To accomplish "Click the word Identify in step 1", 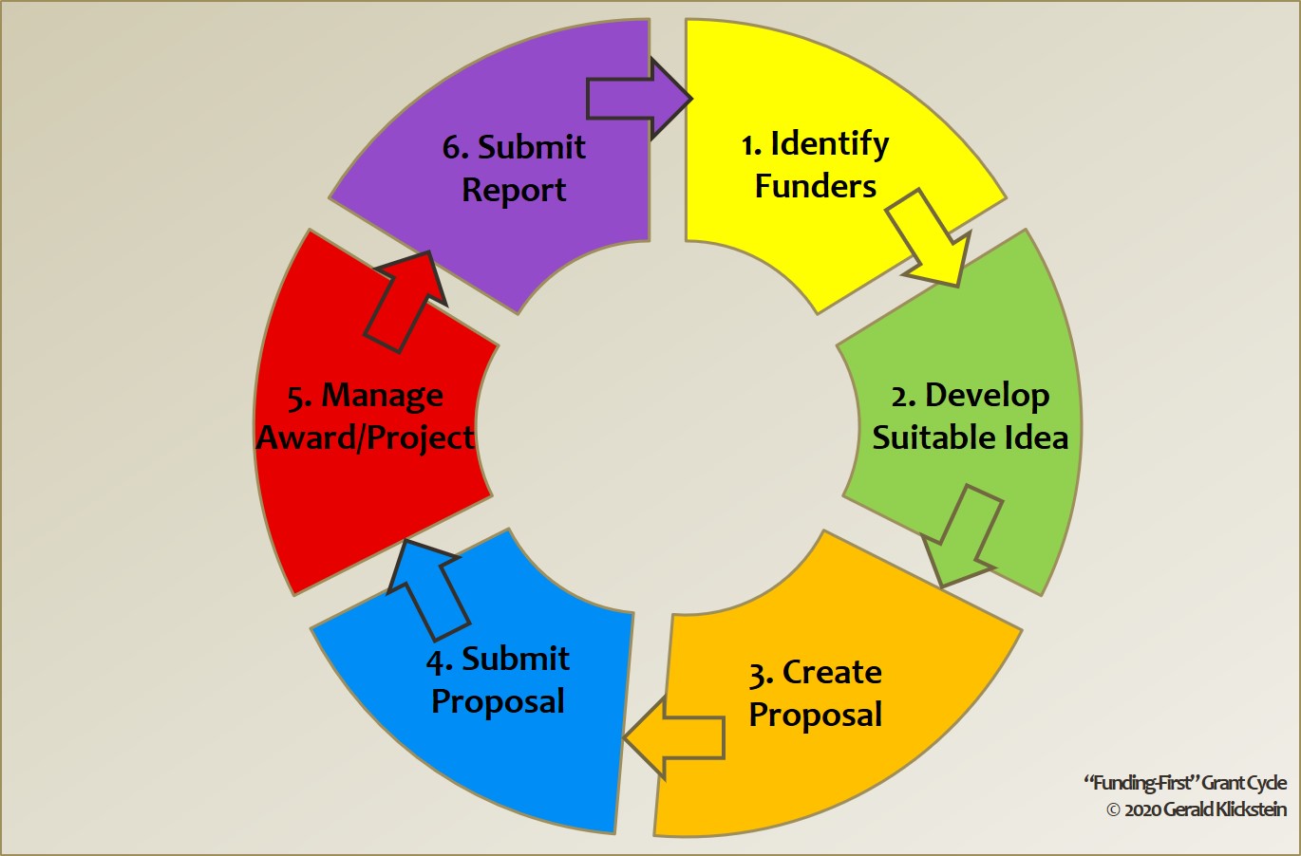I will click(829, 144).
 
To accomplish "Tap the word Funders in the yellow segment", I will click(816, 186).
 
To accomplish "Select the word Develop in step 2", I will click(987, 395).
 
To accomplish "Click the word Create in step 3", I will click(832, 672).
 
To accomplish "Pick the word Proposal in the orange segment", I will click(816, 715).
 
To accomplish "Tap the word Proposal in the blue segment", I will click(498, 701).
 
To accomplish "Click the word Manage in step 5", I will click(382, 396).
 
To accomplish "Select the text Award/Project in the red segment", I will click(366, 437).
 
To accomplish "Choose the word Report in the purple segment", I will click(514, 190).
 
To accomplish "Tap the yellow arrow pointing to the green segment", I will click(930, 238).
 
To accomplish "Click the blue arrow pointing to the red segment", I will click(426, 588).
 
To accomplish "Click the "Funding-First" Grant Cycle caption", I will click(1185, 783).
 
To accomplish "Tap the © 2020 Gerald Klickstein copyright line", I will click(1197, 809).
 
